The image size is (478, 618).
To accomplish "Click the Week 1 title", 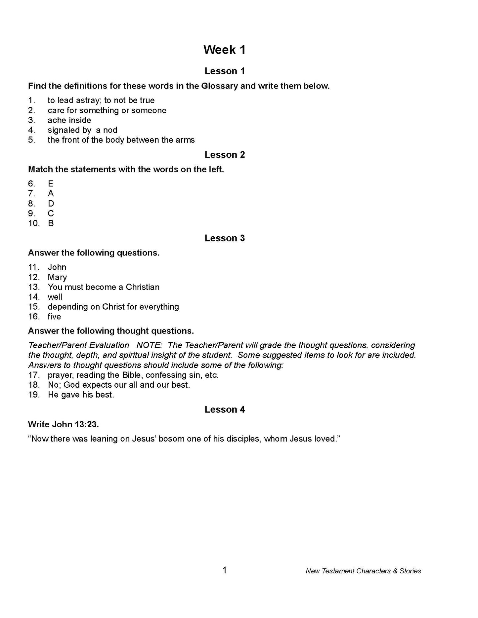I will pyautogui.click(x=224, y=50).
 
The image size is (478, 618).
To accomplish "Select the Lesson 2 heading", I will pyautogui.click(x=225, y=155).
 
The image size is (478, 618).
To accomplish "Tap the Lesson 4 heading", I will pyautogui.click(x=225, y=409).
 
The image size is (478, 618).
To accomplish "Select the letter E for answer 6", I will pyautogui.click(x=51, y=184).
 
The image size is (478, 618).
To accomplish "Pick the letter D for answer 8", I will pyautogui.click(x=51, y=204).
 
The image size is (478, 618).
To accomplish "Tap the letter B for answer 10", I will pyautogui.click(x=51, y=223).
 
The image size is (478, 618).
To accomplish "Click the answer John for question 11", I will pyautogui.click(x=57, y=267).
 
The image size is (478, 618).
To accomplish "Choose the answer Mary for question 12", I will pyautogui.click(x=57, y=277).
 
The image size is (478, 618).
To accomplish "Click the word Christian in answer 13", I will pyautogui.click(x=143, y=287).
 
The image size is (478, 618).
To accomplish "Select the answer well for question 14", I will pyautogui.click(x=55, y=297).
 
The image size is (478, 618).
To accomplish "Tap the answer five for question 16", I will pyautogui.click(x=54, y=317).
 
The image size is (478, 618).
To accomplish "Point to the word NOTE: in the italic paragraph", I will pyautogui.click(x=149, y=345).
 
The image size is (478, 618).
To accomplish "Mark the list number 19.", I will pyautogui.click(x=34, y=395).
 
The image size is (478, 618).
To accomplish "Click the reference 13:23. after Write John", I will pyautogui.click(x=87, y=424).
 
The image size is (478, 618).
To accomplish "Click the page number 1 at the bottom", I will pyautogui.click(x=225, y=570).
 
